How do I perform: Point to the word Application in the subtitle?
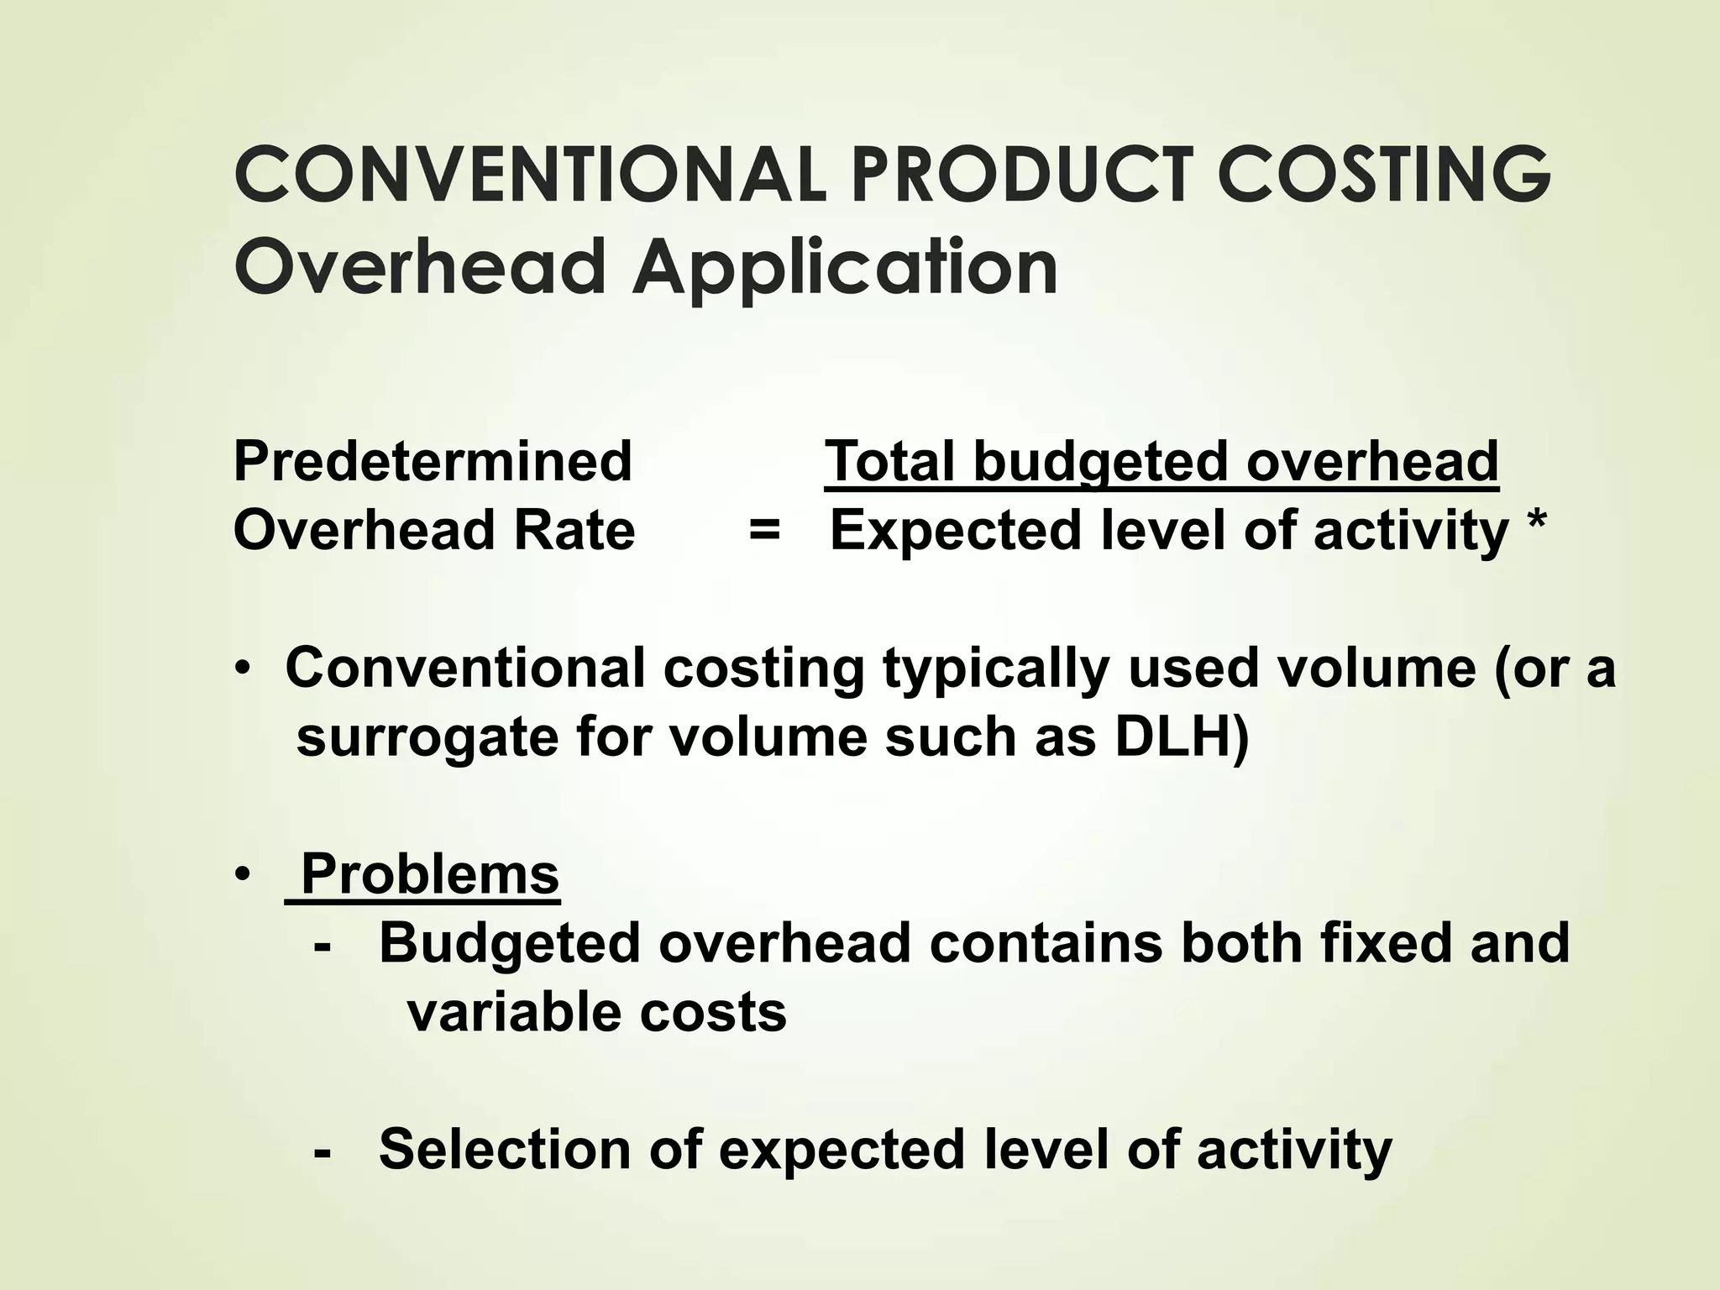click(844, 267)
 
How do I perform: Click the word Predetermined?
click(433, 461)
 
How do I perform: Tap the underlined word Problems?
click(429, 874)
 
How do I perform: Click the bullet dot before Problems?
click(243, 876)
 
